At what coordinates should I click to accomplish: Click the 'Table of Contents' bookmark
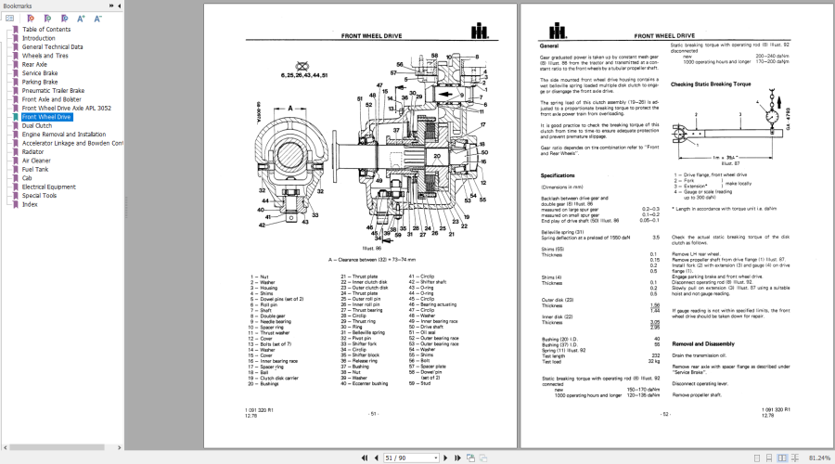46,30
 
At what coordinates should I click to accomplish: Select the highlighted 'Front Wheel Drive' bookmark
45,117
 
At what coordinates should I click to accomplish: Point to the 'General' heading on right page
548,45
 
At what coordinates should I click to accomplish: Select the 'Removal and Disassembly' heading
710,342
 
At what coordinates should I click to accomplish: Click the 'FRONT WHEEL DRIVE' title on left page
371,34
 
